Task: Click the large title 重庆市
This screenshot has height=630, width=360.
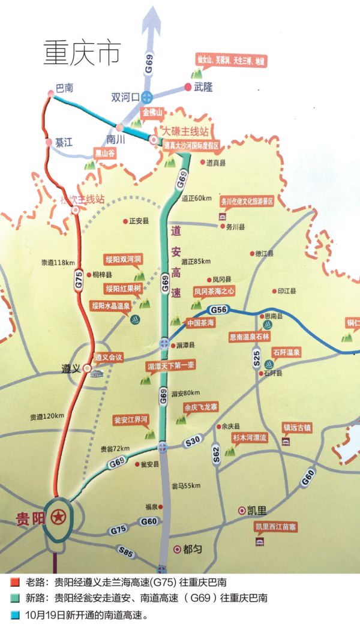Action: click(x=82, y=53)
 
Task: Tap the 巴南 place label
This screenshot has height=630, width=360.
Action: click(x=64, y=88)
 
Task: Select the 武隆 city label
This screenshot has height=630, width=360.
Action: click(x=203, y=87)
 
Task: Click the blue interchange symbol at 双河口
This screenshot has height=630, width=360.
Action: click(x=148, y=96)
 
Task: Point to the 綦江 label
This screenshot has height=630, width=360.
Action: click(x=64, y=143)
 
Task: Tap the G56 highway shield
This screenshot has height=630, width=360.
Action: click(x=218, y=309)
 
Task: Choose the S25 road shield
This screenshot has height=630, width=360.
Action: click(x=256, y=360)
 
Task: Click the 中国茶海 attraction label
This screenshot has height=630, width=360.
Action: click(x=200, y=322)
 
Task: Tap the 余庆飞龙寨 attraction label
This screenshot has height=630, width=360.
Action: click(x=201, y=406)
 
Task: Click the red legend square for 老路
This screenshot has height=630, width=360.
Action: click(x=14, y=582)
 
